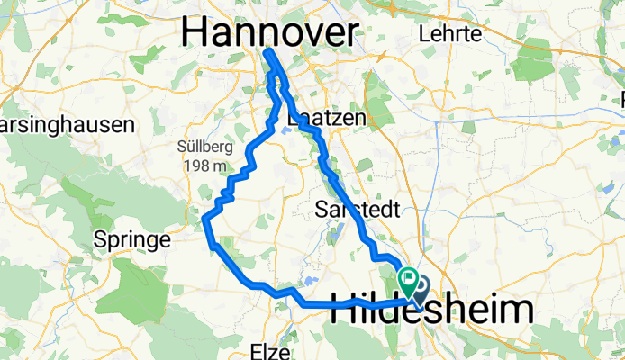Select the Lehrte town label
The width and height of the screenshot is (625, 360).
[451, 33]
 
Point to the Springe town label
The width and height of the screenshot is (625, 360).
[132, 240]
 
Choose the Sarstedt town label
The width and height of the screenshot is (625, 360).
[353, 209]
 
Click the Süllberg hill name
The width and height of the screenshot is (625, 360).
[202, 147]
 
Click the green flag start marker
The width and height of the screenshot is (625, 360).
[407, 282]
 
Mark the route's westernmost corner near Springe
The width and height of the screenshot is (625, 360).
[205, 219]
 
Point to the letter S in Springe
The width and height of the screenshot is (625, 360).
[99, 240]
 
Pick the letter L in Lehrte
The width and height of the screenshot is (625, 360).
[425, 33]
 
